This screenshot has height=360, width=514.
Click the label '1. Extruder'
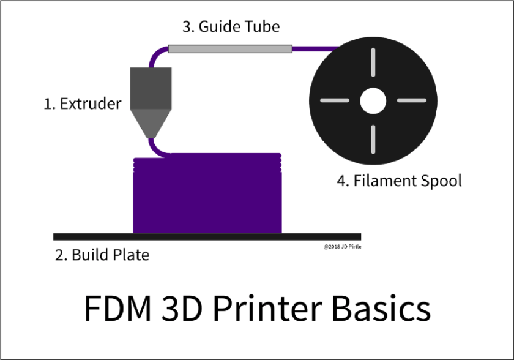coord(83,103)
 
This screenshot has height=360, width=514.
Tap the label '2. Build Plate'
coord(102,254)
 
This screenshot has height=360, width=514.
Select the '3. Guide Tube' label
coord(231,28)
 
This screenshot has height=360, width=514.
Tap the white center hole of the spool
coord(373,101)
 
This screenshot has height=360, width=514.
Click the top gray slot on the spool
coord(373,64)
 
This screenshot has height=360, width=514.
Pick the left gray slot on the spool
coord(335,101)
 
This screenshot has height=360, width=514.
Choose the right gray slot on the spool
coord(411,101)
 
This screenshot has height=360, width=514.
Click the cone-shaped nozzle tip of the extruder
coord(149,122)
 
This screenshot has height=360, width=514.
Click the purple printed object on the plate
coord(207,193)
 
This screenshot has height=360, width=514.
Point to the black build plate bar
coord(207,236)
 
